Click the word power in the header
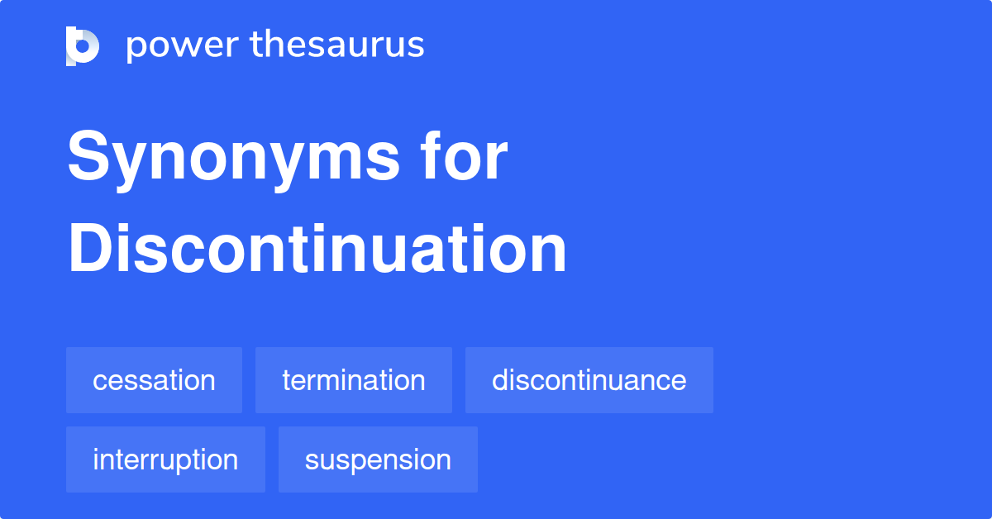[180, 45]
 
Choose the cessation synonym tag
[154, 380]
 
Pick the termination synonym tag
[354, 380]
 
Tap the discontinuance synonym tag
[589, 380]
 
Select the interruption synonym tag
[165, 459]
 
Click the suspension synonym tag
[378, 459]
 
